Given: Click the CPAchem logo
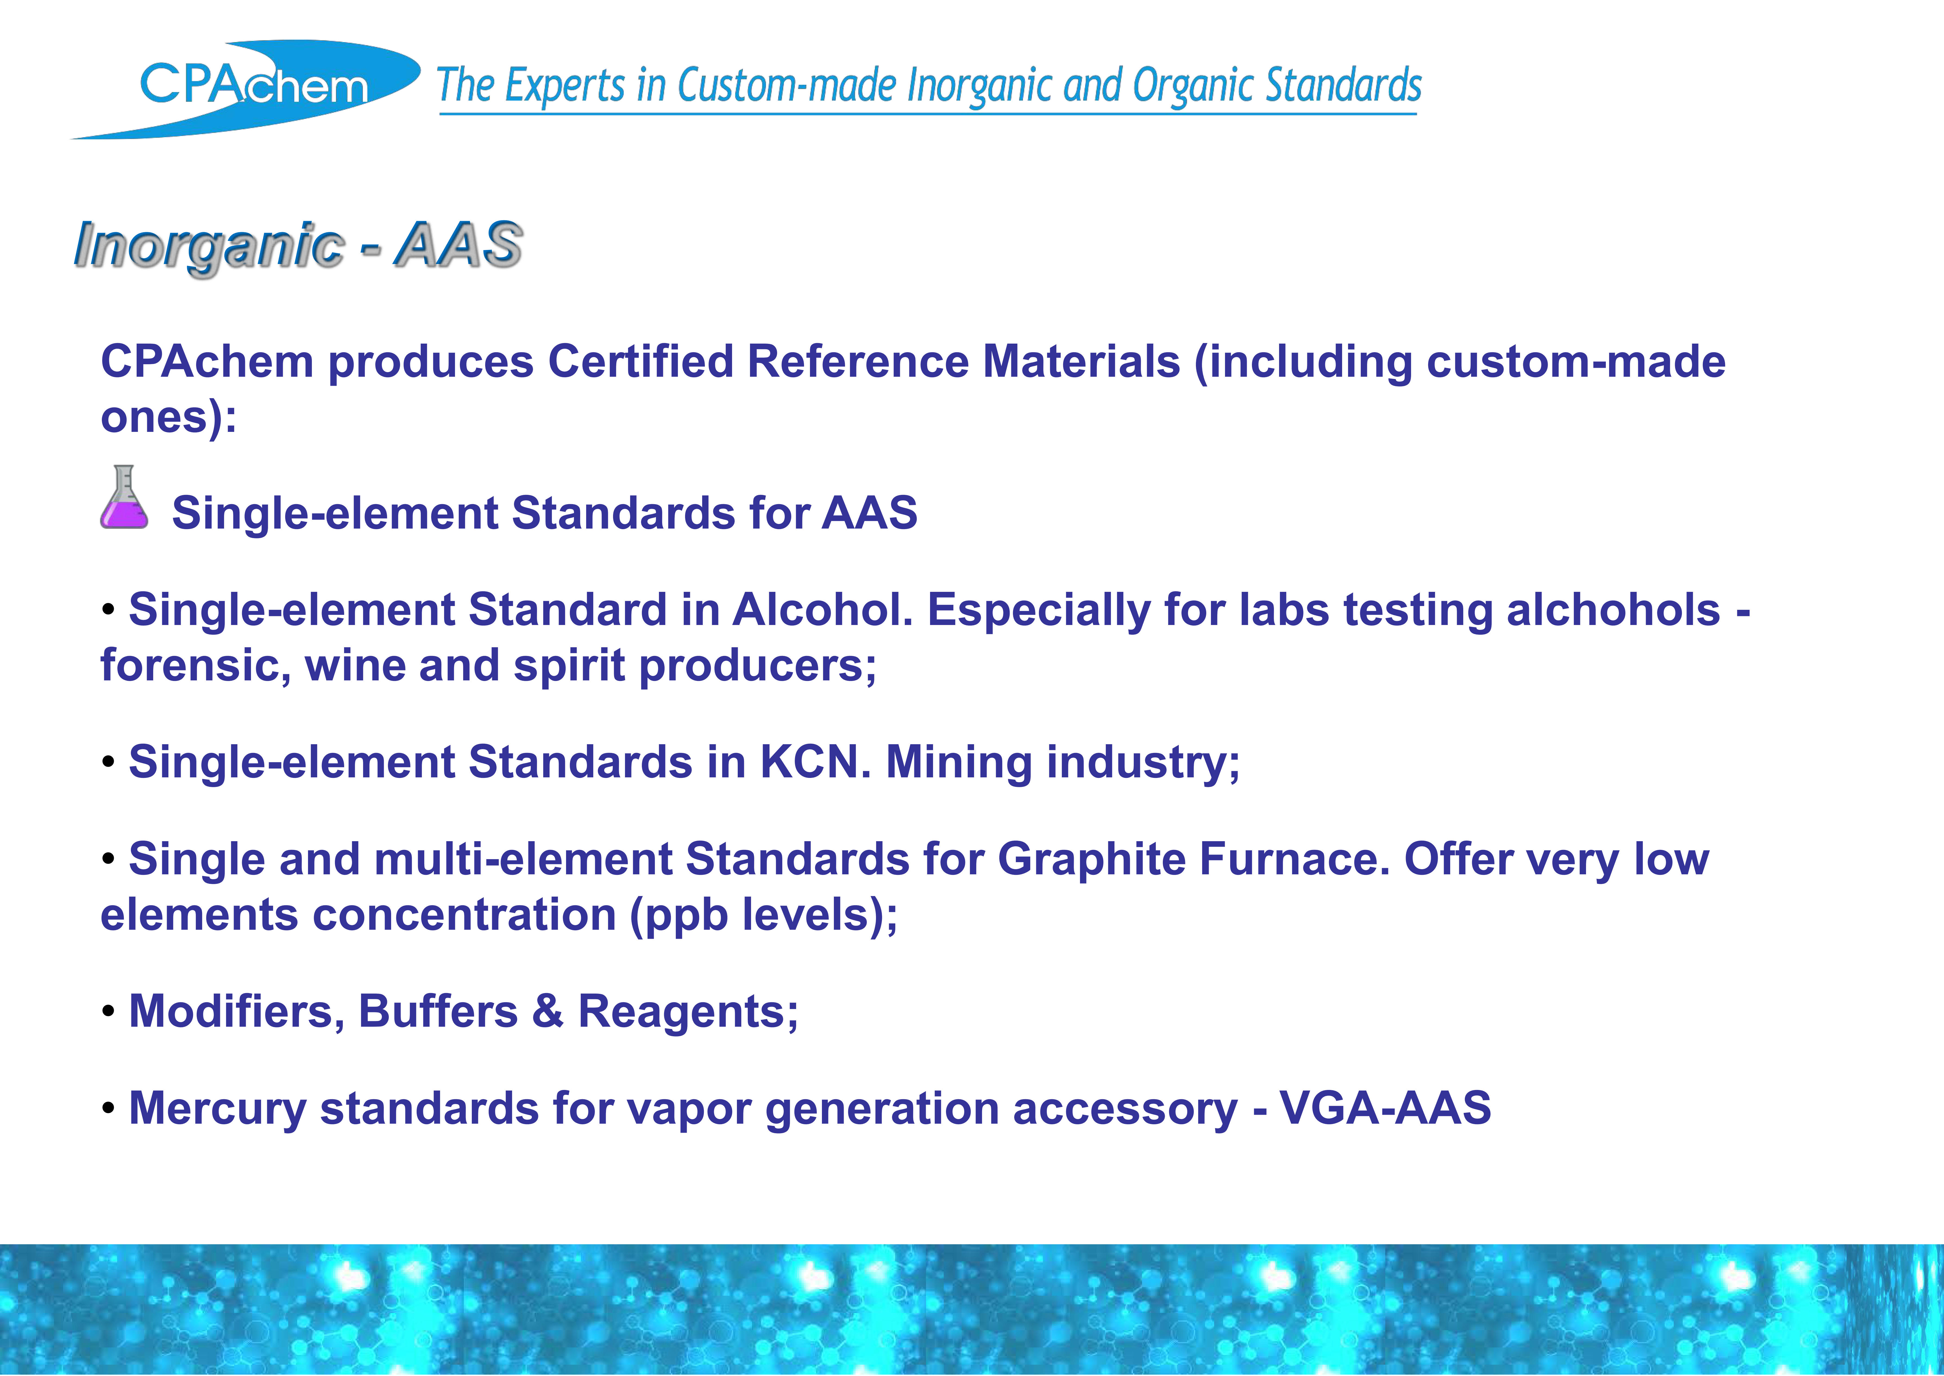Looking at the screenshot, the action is click(x=245, y=89).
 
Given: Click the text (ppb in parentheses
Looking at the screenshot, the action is click(x=679, y=916).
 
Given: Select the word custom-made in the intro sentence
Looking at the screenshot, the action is click(x=1575, y=362).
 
